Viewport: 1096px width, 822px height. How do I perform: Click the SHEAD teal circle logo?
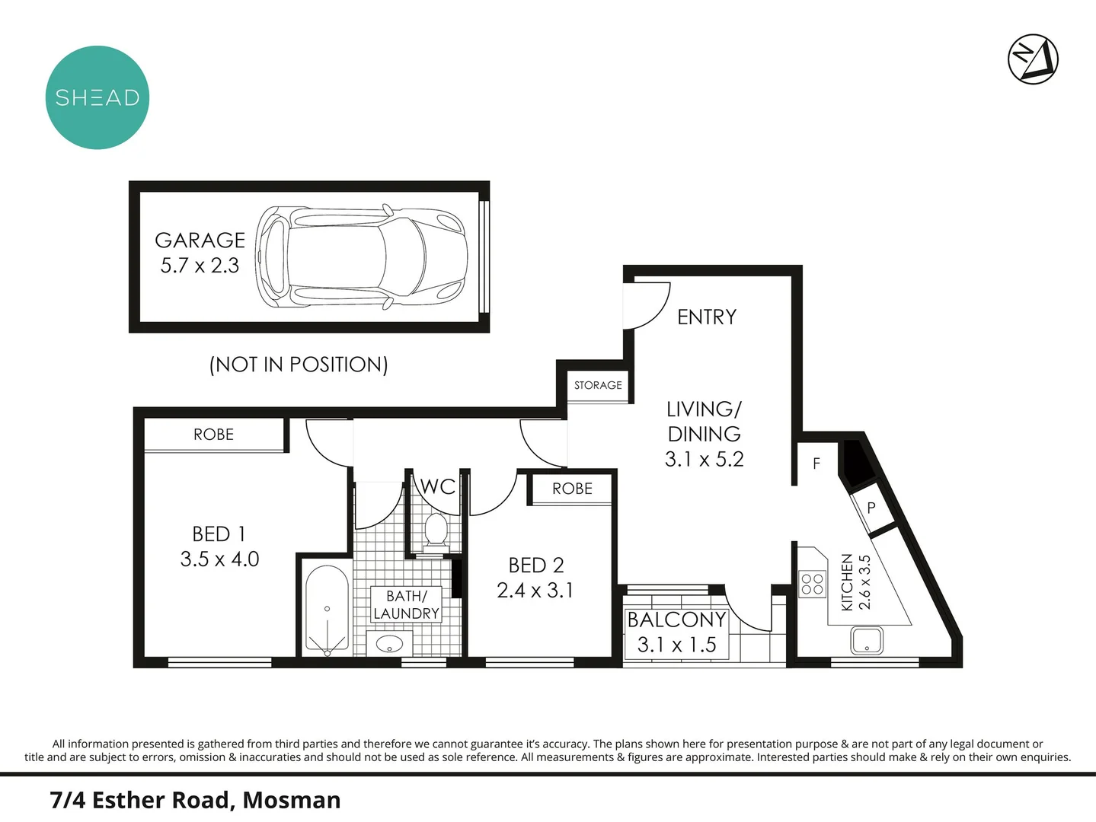[x=97, y=97]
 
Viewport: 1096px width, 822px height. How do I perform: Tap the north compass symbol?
[x=1033, y=59]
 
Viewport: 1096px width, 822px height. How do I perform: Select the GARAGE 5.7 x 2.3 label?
[x=200, y=253]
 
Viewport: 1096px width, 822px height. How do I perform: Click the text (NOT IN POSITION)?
[x=299, y=365]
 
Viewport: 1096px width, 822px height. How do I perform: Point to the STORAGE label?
[x=598, y=385]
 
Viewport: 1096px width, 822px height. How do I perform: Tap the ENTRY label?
[x=707, y=317]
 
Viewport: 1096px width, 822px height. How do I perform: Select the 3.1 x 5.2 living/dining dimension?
[x=704, y=459]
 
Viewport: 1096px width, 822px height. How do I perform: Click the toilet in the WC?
[x=436, y=530]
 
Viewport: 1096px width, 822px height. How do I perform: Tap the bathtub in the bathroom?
[x=327, y=610]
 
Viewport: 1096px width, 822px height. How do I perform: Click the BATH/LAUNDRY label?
[x=406, y=605]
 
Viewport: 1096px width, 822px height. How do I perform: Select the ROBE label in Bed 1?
[x=213, y=435]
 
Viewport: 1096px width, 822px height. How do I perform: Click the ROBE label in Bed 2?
[x=572, y=489]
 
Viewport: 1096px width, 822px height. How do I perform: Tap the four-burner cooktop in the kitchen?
[x=813, y=584]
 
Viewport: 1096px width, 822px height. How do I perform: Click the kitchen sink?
[x=867, y=640]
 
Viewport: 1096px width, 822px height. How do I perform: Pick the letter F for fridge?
[x=816, y=464]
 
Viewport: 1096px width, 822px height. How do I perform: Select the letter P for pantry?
[x=871, y=508]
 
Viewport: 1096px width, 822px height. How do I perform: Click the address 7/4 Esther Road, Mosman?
[x=195, y=800]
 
